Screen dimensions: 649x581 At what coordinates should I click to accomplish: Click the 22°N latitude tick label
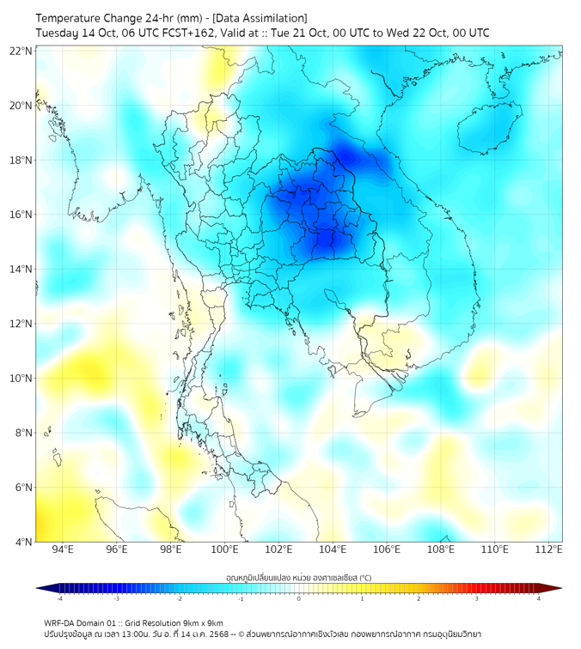(x=21, y=51)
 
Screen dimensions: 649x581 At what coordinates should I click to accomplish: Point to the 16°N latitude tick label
(x=21, y=215)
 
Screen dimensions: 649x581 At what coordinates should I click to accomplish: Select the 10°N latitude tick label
(x=21, y=378)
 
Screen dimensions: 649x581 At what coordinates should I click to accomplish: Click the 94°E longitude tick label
(x=63, y=550)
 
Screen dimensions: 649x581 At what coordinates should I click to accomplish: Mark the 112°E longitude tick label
(x=548, y=550)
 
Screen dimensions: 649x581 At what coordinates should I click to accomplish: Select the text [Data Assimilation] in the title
(x=258, y=18)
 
